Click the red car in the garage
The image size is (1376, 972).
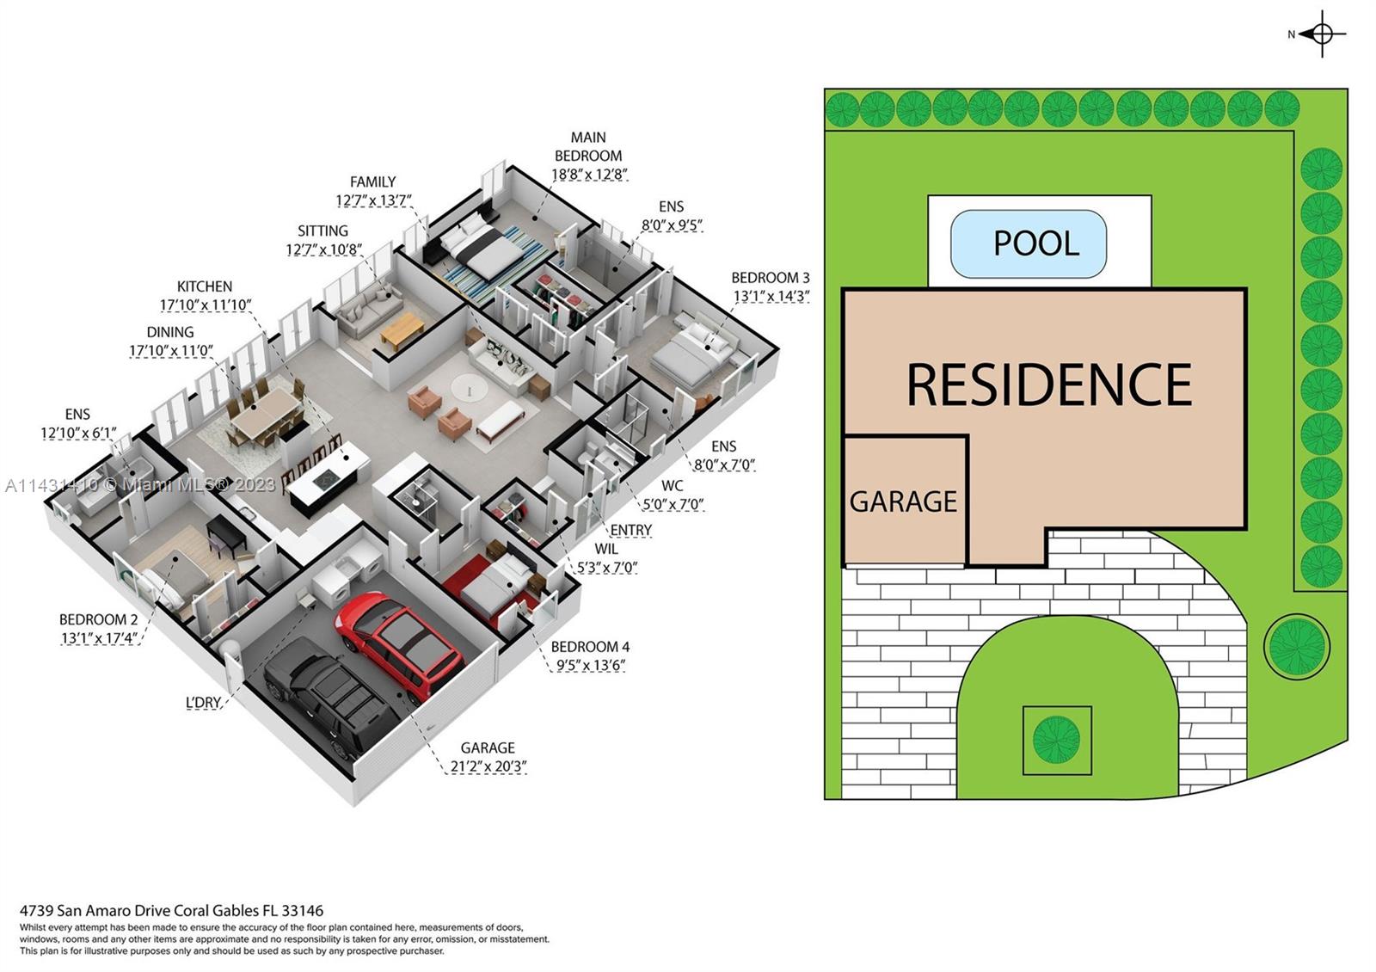398,643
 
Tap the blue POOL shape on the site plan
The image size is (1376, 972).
1028,243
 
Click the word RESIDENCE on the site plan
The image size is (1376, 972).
1049,384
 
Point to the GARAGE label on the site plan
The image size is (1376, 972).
903,501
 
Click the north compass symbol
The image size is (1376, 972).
1322,34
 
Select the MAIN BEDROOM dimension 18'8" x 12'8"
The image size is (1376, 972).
589,175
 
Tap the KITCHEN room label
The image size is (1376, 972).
205,286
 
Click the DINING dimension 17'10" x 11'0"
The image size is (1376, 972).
170,351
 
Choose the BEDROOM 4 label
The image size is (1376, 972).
590,647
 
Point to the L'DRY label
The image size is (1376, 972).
204,703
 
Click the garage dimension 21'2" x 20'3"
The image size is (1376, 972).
488,766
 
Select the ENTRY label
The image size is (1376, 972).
630,530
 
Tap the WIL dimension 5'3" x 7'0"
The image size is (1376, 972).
606,568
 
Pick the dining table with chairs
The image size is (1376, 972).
264,414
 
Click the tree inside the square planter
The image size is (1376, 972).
1056,740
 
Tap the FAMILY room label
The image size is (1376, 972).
372,181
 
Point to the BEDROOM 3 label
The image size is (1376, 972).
770,278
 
